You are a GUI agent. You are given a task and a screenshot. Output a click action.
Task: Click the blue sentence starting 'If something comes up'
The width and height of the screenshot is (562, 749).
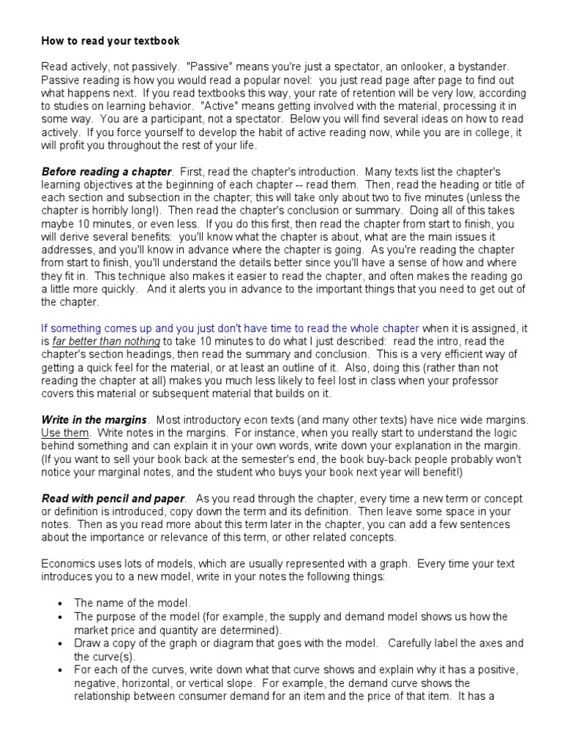(231, 328)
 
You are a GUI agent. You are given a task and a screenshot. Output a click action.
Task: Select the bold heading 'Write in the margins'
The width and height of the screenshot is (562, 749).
(94, 421)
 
